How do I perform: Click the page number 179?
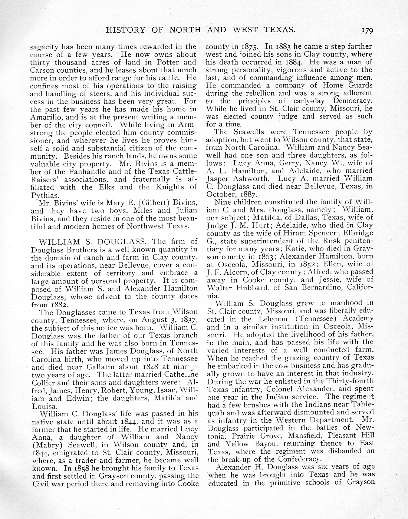tap(366, 30)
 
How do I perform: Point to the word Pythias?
tap(45, 195)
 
